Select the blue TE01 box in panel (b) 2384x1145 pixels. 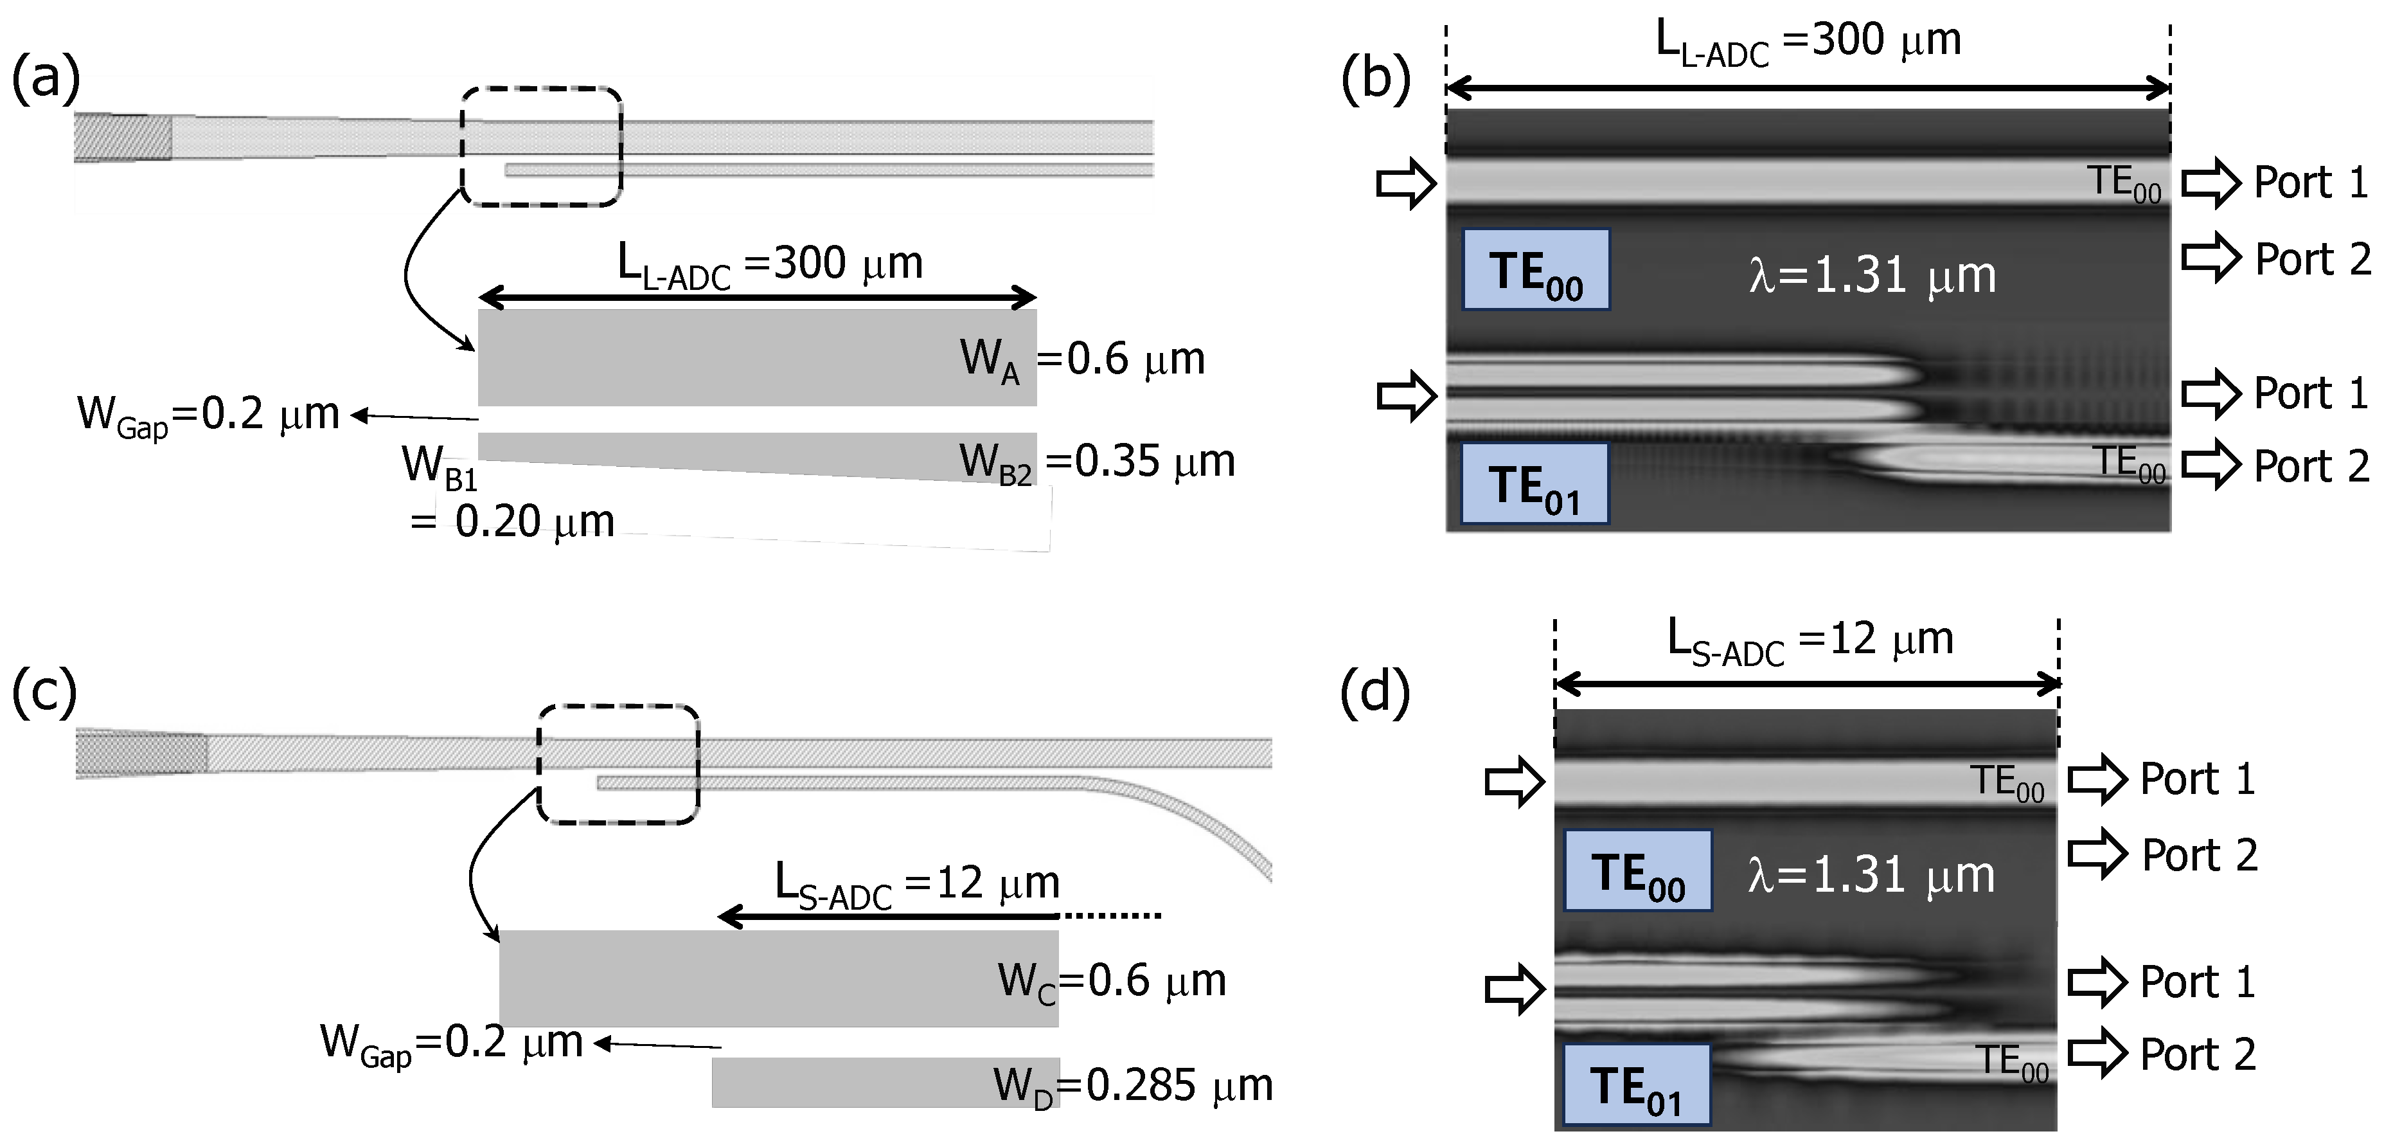coord(1534,484)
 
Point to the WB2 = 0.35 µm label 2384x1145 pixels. coord(1097,463)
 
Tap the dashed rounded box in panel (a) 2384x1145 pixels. coord(542,145)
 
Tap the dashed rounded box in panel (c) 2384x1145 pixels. coord(618,764)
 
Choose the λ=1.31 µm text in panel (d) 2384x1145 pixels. coord(1871,875)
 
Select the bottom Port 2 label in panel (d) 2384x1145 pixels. coord(2198,1054)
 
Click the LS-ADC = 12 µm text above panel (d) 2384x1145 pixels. coord(1810,640)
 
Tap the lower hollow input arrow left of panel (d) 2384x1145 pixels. coord(1514,989)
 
